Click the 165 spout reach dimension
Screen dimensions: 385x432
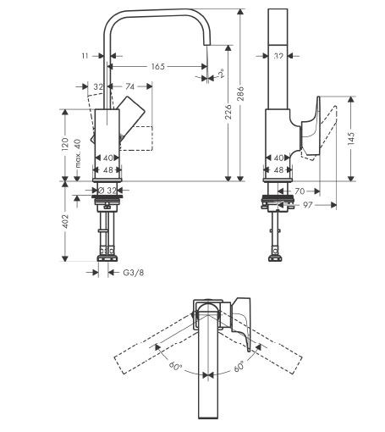pyautogui.click(x=158, y=67)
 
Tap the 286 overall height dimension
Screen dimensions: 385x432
pyautogui.click(x=240, y=94)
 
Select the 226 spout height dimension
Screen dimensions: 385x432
pyautogui.click(x=228, y=112)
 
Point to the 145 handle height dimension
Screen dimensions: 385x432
pyautogui.click(x=351, y=139)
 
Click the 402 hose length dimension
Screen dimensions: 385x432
pyautogui.click(x=65, y=221)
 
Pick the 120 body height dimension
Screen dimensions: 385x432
pyautogui.click(x=65, y=144)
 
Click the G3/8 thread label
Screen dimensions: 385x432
pyautogui.click(x=134, y=273)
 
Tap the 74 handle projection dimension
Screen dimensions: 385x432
pyautogui.click(x=129, y=86)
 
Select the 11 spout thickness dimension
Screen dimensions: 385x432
pyautogui.click(x=85, y=56)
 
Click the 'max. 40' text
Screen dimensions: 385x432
pyautogui.click(x=78, y=153)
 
